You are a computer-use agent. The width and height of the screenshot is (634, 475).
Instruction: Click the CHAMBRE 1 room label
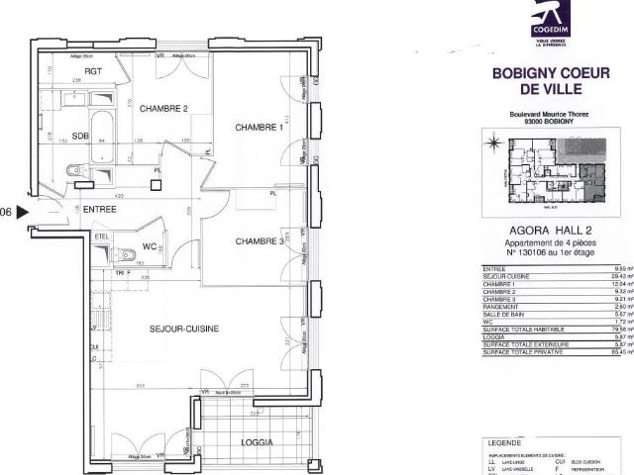tap(259, 128)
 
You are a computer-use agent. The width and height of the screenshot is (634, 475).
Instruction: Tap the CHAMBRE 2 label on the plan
tap(163, 109)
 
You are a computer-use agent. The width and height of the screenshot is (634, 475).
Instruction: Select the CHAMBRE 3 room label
tap(261, 241)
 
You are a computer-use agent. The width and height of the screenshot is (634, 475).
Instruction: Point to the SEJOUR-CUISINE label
tap(184, 329)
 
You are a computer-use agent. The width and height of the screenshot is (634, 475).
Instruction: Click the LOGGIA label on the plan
tap(256, 442)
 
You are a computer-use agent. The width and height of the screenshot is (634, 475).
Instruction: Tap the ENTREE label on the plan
tap(99, 209)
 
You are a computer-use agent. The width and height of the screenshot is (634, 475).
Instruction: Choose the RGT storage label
tap(93, 72)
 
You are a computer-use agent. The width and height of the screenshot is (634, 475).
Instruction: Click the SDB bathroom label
tap(81, 137)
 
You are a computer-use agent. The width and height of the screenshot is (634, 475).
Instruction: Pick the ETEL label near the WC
tap(101, 237)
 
